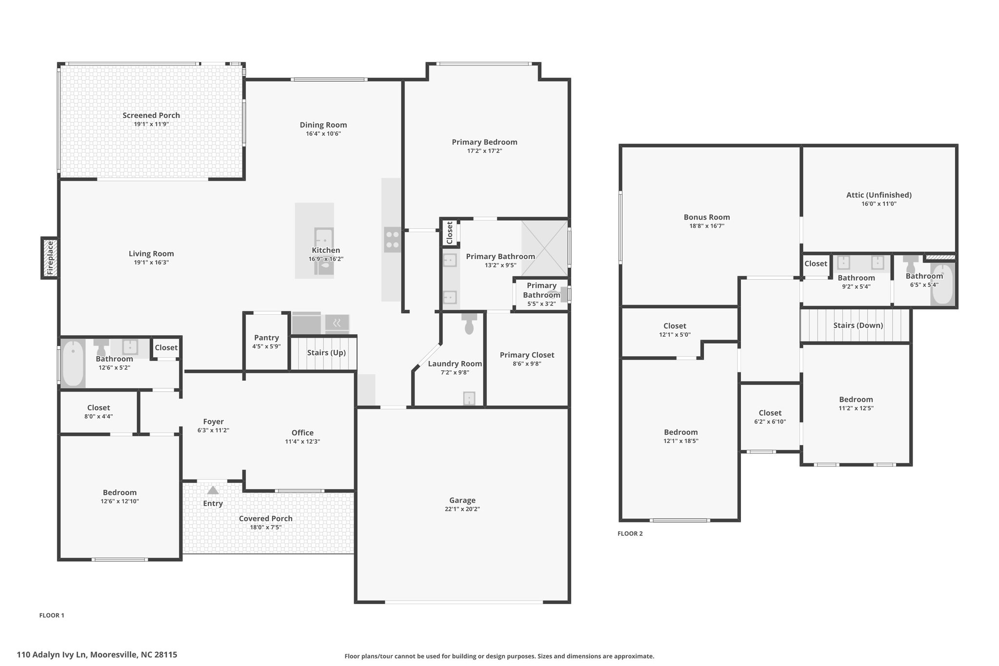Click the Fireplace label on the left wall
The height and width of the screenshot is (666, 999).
50,258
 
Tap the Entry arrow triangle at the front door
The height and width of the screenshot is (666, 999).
213,490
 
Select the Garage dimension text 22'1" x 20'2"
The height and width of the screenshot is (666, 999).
462,509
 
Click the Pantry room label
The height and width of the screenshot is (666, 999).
266,338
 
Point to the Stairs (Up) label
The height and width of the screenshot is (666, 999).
326,353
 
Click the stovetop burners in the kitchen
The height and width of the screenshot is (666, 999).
393,240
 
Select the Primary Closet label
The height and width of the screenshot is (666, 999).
527,355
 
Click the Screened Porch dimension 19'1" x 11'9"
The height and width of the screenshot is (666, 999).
151,124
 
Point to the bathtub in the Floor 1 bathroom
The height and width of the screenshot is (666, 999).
73,363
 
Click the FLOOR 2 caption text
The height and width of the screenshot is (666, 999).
630,533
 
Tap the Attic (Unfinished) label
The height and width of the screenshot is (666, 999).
879,195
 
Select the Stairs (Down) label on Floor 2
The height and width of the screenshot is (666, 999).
858,325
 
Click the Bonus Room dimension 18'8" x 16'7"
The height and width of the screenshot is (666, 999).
707,226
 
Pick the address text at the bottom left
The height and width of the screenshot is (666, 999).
97,655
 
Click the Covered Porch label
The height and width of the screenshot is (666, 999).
266,519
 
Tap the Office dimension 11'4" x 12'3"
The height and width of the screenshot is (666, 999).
302,442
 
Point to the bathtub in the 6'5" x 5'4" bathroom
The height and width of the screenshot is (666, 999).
942,284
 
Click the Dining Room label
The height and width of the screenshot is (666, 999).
323,125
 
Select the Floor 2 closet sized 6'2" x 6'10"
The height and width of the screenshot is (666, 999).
770,417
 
